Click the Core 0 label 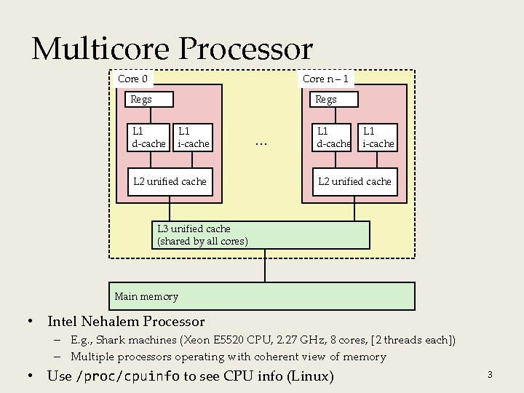pyautogui.click(x=132, y=79)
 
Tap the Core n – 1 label pyautogui.click(x=325, y=79)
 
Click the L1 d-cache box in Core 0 pyautogui.click(x=148, y=138)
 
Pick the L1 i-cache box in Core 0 pyautogui.click(x=194, y=138)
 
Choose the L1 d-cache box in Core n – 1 pyautogui.click(x=333, y=138)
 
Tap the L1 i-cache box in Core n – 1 pyautogui.click(x=378, y=138)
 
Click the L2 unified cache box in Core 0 pyautogui.click(x=170, y=181)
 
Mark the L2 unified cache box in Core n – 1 pyautogui.click(x=354, y=181)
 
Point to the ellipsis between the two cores pyautogui.click(x=262, y=143)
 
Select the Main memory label pyautogui.click(x=146, y=296)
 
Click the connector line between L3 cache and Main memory pyautogui.click(x=264, y=265)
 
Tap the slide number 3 pyautogui.click(x=490, y=375)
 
